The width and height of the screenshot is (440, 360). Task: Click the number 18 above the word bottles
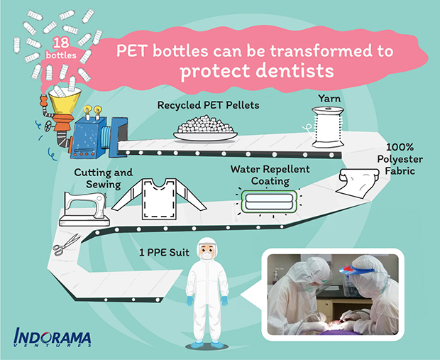click(61, 43)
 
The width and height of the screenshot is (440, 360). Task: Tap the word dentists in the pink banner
click(295, 70)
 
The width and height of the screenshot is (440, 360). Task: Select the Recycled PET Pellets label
click(208, 105)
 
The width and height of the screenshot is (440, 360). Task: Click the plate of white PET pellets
click(205, 129)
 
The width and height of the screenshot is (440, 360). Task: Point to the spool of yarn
click(328, 127)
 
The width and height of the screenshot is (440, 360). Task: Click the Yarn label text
click(329, 99)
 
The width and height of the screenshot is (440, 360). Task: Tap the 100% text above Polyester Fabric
click(400, 147)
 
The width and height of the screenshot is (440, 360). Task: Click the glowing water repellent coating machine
click(269, 202)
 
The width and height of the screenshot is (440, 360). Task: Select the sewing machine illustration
click(84, 209)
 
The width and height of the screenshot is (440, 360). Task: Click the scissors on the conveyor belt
click(67, 245)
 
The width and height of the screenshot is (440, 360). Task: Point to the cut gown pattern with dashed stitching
click(159, 199)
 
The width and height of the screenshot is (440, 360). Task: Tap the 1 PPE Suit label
click(164, 253)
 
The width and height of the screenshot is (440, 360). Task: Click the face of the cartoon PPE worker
click(207, 250)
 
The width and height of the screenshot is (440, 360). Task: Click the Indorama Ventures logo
click(53, 337)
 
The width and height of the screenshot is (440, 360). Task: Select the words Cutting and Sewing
click(104, 178)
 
